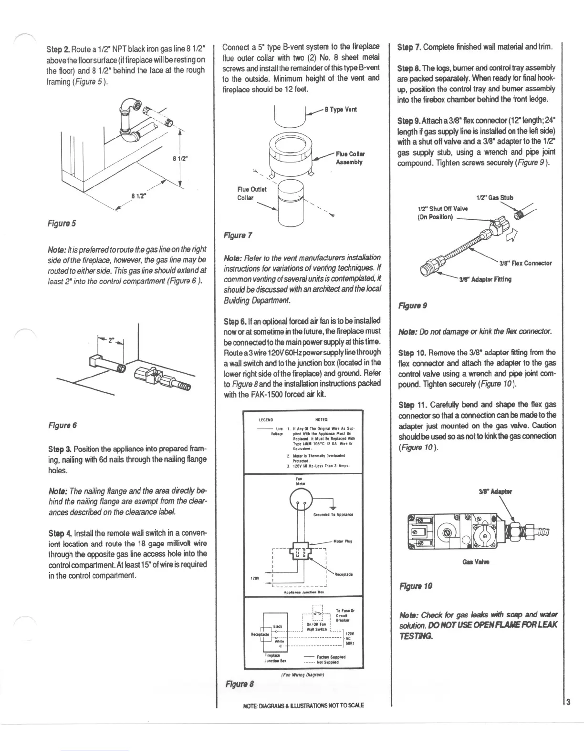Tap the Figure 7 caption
tap(238, 235)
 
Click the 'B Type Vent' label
tap(340, 109)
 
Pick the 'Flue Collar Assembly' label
tap(350, 158)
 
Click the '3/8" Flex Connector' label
tap(525, 263)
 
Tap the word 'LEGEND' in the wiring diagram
tap(265, 420)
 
